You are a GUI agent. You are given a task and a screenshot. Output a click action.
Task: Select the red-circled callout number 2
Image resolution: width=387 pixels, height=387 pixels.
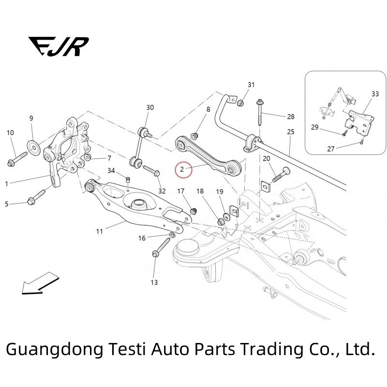coord(182,170)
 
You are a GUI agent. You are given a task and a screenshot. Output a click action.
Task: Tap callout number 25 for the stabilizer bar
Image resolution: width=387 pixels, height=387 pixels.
coord(290,132)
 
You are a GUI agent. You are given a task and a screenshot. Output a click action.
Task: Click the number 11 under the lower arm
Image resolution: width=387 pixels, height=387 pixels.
coord(99,232)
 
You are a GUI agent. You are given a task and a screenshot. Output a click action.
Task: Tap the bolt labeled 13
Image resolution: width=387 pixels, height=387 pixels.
coord(157,253)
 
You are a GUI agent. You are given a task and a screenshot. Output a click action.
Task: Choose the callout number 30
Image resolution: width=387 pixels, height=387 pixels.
coord(150,107)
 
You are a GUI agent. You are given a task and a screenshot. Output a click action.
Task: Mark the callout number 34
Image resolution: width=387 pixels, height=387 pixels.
coord(111,171)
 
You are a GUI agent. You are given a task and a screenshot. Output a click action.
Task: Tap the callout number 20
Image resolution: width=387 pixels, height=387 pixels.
coord(267,159)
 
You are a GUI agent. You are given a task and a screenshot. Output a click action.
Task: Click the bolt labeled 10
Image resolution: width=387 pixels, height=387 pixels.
coord(16,159)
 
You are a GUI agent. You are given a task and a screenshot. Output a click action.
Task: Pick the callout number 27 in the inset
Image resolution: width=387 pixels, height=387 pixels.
coord(331,149)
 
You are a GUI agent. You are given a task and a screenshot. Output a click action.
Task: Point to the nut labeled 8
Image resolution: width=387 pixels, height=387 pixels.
coord(196,134)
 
